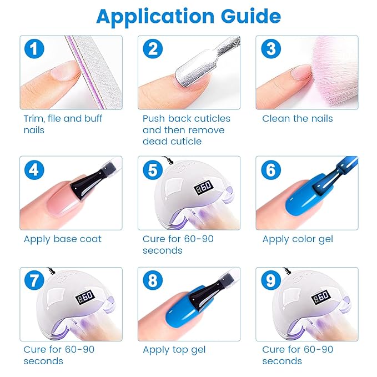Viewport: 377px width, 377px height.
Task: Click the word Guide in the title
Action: [251, 16]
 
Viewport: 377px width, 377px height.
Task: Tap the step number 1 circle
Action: [34, 49]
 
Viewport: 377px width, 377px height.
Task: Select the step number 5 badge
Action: [153, 170]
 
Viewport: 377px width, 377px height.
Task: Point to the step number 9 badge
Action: [271, 280]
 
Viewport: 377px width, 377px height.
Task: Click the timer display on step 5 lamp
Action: [203, 187]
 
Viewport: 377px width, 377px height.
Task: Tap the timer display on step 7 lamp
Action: [85, 297]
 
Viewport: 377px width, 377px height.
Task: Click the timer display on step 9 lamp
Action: [321, 297]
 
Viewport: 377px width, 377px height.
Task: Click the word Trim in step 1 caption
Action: [34, 119]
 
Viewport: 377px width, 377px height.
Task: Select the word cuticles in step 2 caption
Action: [212, 118]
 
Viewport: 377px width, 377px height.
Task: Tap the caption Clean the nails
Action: [298, 118]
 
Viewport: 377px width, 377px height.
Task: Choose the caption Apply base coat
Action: [63, 239]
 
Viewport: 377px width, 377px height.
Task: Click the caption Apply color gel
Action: [298, 239]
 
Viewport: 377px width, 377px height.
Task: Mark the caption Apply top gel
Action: [174, 350]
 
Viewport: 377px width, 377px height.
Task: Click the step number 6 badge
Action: [271, 170]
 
